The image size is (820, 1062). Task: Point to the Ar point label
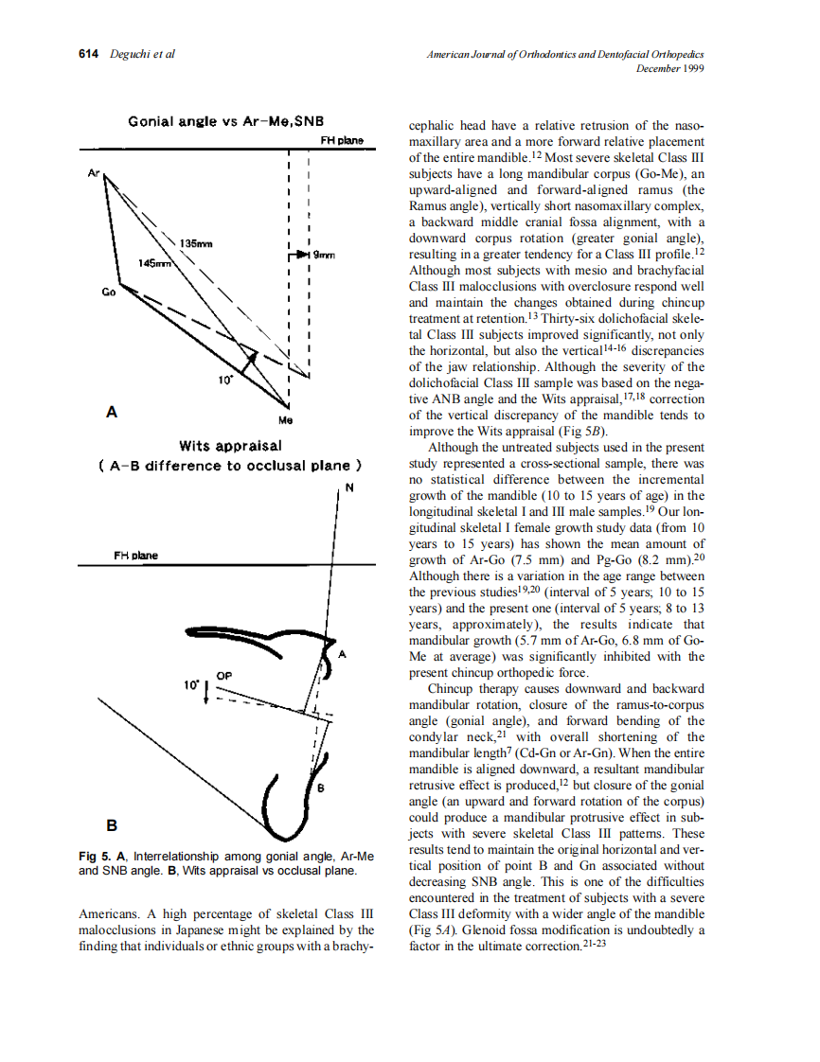tap(93, 174)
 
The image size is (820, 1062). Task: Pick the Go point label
tap(108, 292)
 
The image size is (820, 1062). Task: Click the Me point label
tap(285, 417)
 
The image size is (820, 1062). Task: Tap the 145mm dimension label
tap(154, 262)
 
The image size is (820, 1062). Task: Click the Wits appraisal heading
tap(230, 446)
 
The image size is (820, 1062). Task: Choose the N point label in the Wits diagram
tap(348, 487)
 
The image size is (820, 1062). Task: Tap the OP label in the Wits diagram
tap(224, 675)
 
